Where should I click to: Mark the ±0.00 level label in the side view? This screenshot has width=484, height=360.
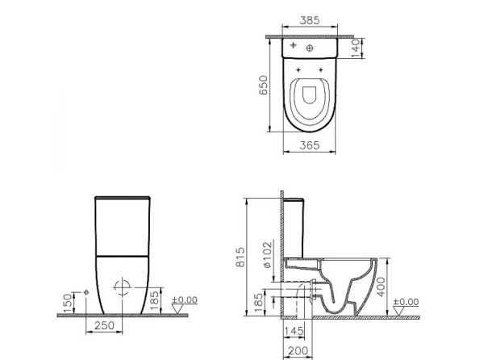(407, 301)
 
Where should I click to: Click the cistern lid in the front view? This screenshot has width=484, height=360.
(122, 198)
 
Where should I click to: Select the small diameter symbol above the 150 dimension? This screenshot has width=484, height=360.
(85, 290)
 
